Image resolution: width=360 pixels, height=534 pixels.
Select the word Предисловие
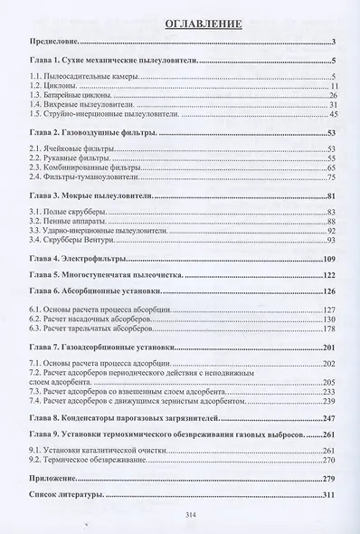click(x=53, y=43)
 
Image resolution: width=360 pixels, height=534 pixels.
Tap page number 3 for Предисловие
click(x=334, y=43)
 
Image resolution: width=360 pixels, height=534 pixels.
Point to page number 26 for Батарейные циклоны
click(x=333, y=95)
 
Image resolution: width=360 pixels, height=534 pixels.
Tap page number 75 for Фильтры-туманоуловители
click(x=332, y=177)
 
